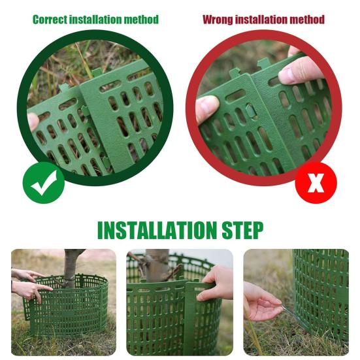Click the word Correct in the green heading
coord(50,20)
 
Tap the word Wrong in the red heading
coord(217,20)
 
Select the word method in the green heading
coord(140,20)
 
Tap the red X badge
coord(316,184)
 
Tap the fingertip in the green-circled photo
coord(33,122)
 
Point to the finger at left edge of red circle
coord(207,108)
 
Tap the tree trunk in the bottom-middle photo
coord(157,264)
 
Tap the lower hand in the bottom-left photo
coord(29,289)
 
